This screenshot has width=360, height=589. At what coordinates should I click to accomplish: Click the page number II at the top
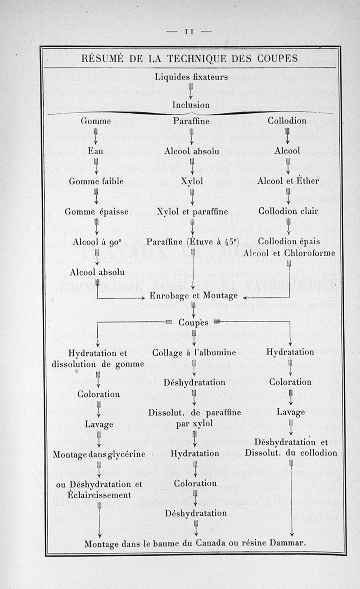point(188,32)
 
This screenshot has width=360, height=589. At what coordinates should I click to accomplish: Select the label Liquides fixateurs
point(191,77)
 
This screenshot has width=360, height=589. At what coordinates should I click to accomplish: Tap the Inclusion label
point(191,105)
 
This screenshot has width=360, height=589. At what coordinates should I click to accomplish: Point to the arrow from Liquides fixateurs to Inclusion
point(191,91)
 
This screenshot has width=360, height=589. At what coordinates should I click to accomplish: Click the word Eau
point(95,151)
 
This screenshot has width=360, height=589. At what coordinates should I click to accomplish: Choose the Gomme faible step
point(95,181)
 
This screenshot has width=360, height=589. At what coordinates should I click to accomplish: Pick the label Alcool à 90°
point(96,242)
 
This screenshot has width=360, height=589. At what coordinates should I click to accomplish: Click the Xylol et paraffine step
point(192,211)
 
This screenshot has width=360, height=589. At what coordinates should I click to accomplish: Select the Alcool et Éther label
point(288,181)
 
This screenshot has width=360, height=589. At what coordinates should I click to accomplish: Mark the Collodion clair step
point(288,211)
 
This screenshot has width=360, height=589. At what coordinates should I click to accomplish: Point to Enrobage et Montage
point(194,296)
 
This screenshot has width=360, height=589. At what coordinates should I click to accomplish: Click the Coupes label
point(193,322)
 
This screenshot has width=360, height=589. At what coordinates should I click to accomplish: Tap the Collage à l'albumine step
point(194,352)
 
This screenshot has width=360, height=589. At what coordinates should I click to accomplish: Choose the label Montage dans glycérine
point(99,454)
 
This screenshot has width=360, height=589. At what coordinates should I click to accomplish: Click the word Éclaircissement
point(100,495)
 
